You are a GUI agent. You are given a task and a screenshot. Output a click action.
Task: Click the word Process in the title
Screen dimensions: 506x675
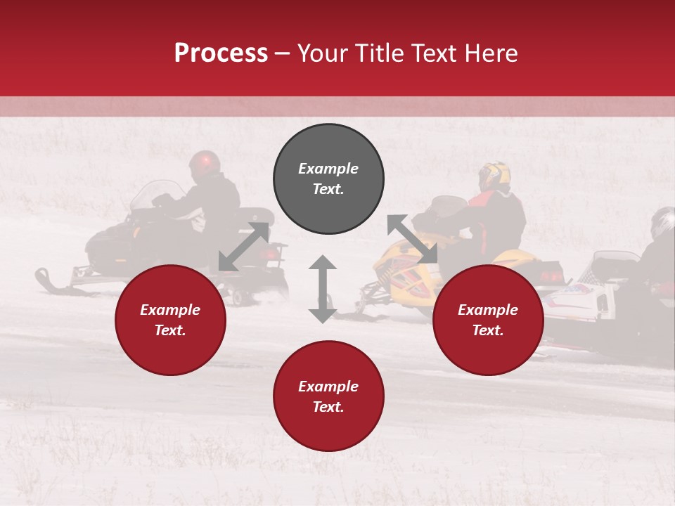(221, 53)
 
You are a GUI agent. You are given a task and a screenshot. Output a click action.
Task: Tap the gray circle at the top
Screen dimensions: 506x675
(328, 179)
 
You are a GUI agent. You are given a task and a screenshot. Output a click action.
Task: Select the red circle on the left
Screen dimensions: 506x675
(170, 320)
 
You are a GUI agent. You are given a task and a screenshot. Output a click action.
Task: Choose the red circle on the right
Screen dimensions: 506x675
(488, 320)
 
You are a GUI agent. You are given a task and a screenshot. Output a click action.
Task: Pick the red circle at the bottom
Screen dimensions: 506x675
(328, 396)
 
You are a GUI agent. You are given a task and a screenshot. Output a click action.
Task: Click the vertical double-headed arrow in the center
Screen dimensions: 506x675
(323, 289)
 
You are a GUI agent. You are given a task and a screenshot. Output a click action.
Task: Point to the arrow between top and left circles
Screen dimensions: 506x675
(243, 247)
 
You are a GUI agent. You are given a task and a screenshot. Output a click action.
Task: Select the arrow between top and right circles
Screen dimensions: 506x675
(413, 240)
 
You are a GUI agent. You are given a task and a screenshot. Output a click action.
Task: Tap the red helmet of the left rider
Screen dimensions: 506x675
(204, 163)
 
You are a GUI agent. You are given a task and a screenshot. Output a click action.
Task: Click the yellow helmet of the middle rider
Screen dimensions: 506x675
(494, 176)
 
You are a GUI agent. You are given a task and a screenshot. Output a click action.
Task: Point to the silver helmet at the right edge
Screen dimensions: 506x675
(662, 222)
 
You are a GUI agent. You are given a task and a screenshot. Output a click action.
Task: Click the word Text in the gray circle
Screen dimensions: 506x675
(328, 189)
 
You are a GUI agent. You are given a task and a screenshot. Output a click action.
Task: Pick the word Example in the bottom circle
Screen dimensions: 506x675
(328, 387)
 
